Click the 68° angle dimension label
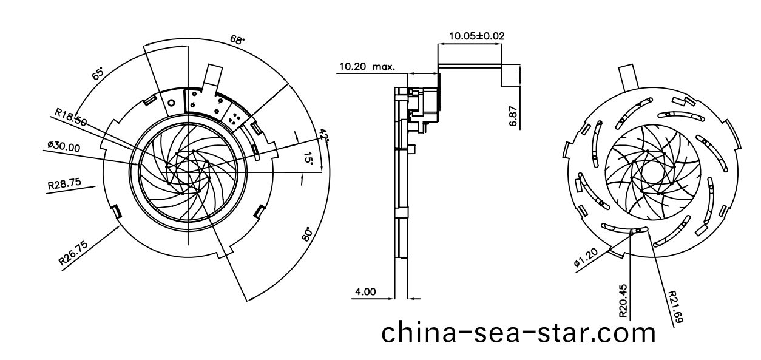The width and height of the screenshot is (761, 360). click(237, 40)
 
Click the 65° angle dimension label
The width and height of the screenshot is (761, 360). click(98, 74)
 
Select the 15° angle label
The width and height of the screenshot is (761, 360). click(309, 159)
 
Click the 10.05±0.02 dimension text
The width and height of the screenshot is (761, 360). click(476, 36)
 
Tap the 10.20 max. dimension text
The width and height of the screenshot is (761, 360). click(366, 66)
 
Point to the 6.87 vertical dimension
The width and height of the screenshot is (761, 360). click(513, 115)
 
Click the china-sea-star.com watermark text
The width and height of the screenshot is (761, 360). click(519, 333)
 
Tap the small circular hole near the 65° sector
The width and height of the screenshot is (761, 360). click(172, 103)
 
